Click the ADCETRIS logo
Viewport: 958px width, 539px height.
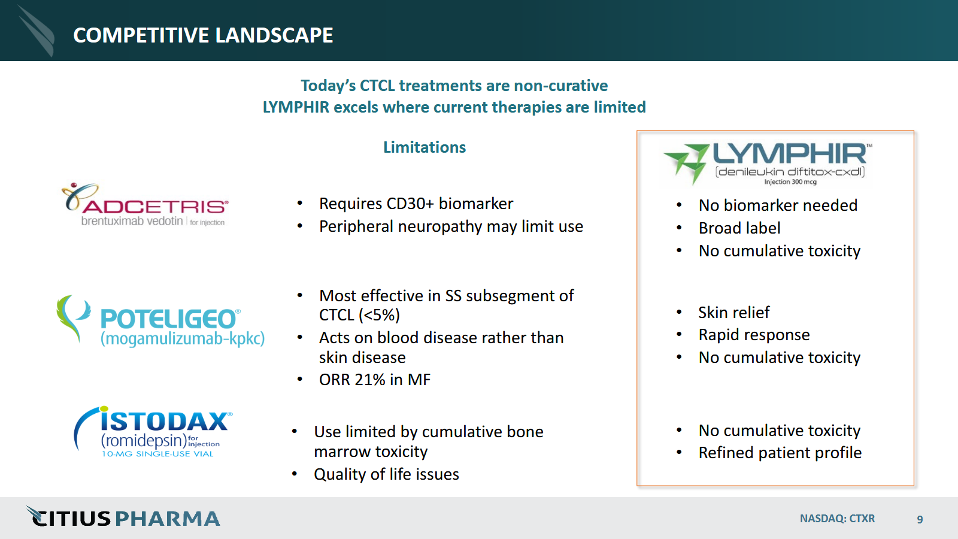click(144, 204)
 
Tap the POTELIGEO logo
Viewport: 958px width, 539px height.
click(160, 321)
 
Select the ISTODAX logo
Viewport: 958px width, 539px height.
click(153, 432)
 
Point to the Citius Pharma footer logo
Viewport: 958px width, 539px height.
click(123, 517)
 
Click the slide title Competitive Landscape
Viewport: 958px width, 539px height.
click(203, 35)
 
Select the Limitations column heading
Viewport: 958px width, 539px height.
click(425, 147)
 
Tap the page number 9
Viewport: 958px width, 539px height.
click(920, 519)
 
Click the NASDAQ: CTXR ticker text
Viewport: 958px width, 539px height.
click(838, 519)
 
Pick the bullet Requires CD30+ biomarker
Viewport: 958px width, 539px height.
click(416, 204)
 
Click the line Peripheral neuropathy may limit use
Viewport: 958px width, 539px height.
click(451, 226)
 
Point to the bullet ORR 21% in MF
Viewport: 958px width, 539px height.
click(375, 380)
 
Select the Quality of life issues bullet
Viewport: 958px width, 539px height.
click(386, 474)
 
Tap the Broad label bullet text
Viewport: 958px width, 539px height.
click(739, 228)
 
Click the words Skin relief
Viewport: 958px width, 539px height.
click(734, 312)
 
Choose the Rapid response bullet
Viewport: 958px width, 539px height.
click(754, 335)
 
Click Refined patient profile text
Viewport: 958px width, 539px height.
click(780, 453)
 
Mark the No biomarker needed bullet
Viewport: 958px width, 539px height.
click(778, 205)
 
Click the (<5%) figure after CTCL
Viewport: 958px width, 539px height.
click(380, 315)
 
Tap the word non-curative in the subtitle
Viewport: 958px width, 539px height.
click(560, 86)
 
